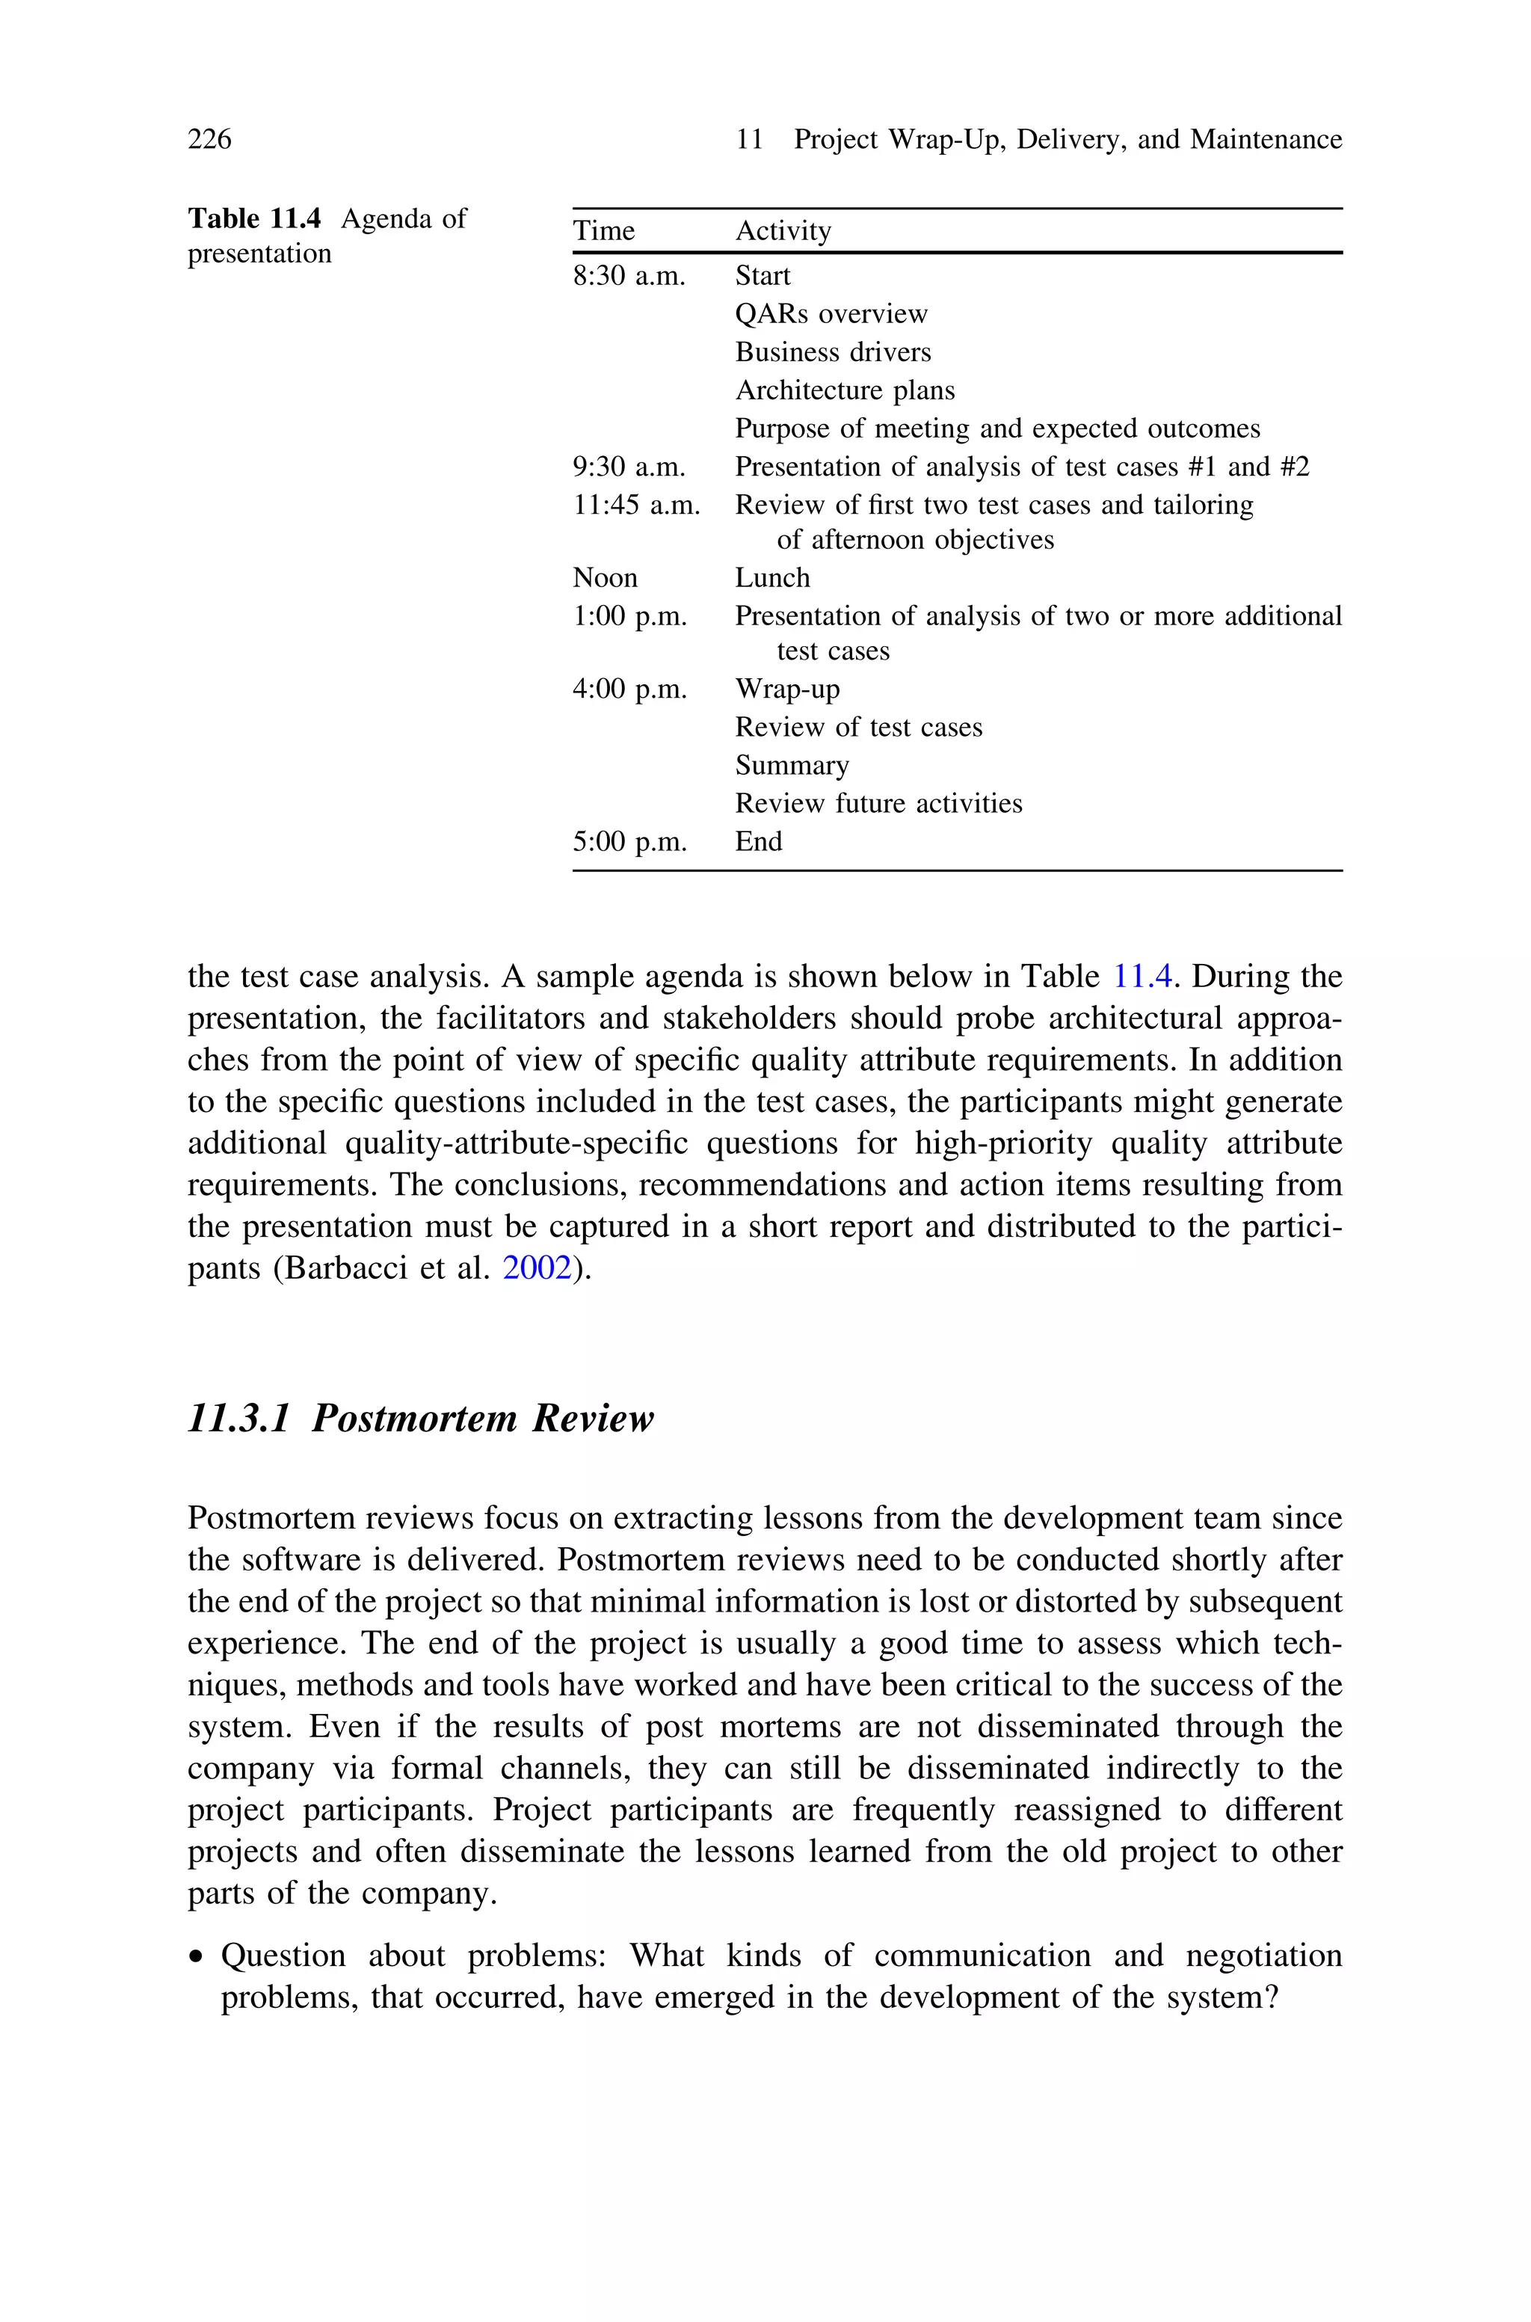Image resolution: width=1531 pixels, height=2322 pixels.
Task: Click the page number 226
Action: (209, 140)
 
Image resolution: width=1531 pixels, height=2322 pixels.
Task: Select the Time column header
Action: (603, 231)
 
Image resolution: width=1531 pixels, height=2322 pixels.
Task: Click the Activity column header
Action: (783, 231)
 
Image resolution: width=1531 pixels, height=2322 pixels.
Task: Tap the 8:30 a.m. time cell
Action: (629, 277)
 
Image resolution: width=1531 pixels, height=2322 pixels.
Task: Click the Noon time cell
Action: (604, 578)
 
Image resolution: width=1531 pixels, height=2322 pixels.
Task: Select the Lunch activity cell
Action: (772, 578)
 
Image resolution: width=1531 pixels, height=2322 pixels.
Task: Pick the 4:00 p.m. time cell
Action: (629, 689)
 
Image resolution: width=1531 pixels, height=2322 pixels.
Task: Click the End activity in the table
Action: (759, 842)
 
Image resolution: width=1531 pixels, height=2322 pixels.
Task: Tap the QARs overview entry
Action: (831, 314)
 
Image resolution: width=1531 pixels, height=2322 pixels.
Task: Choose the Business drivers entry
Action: (833, 352)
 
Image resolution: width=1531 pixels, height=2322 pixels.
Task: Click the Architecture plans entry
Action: (845, 390)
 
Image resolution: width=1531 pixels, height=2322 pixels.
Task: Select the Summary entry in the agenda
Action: (792, 766)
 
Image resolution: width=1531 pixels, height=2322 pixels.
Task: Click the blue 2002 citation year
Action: (536, 1268)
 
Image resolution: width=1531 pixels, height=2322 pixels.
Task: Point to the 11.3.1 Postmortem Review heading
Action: (420, 1419)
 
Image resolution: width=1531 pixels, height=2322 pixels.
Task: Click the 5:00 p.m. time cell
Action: (629, 842)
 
